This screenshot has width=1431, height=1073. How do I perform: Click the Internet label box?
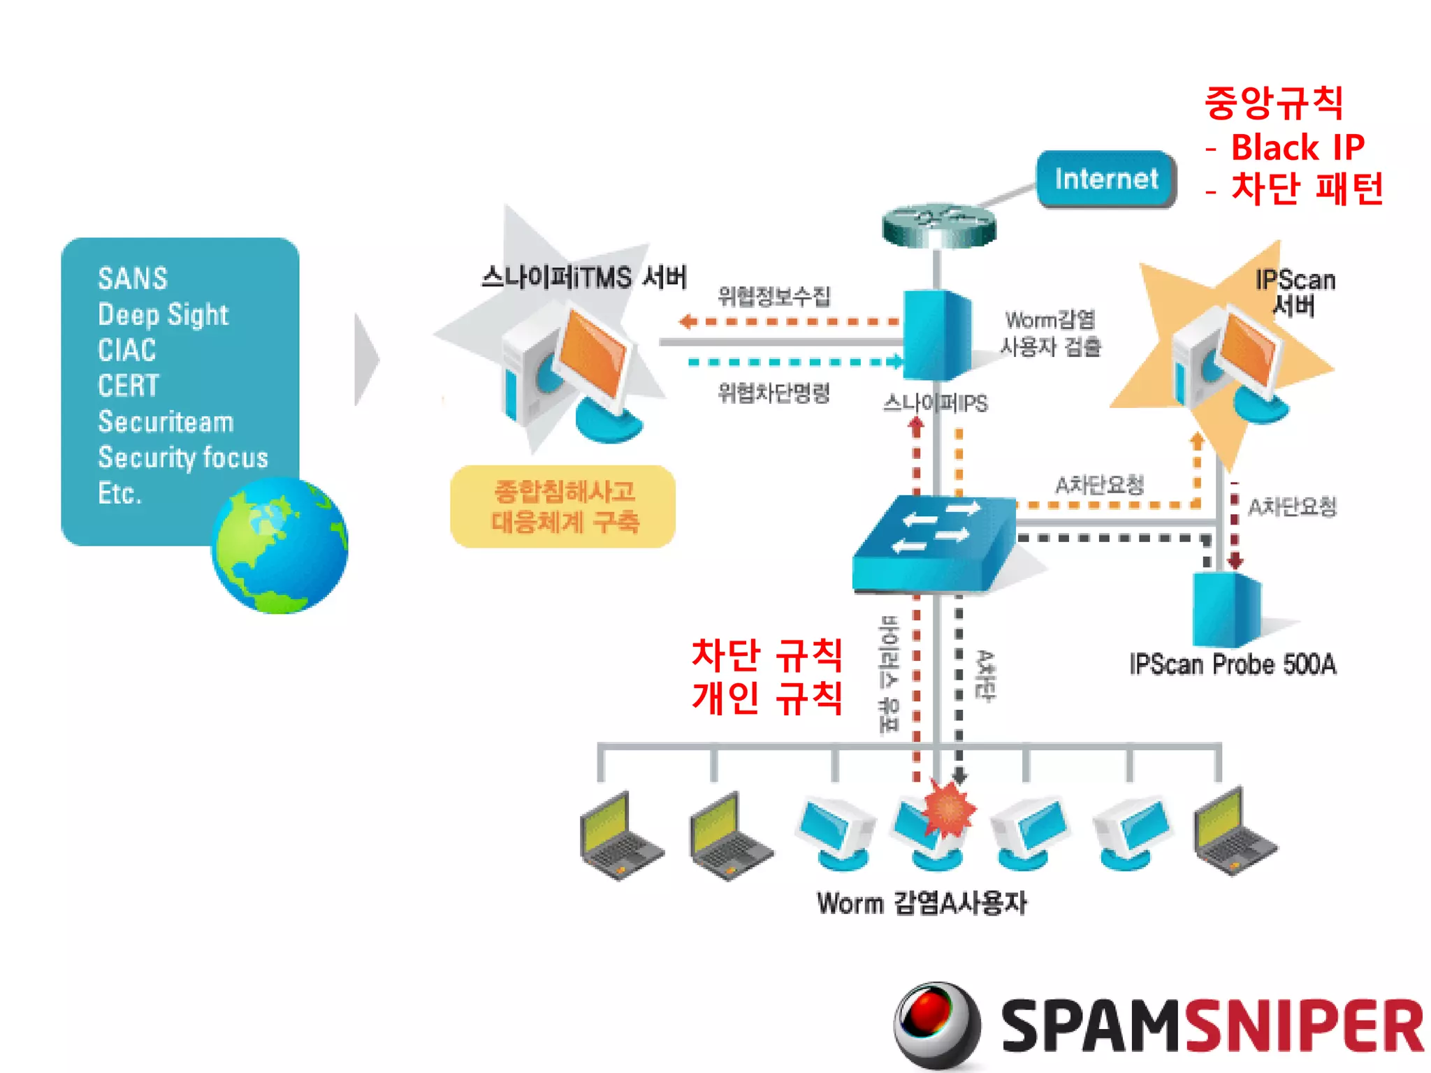click(x=1106, y=180)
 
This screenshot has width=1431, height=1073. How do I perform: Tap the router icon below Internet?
click(x=938, y=226)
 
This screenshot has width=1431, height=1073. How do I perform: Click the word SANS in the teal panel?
click(x=133, y=279)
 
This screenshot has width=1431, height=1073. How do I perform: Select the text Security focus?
click(x=183, y=458)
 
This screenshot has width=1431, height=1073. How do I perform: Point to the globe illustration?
click(x=279, y=546)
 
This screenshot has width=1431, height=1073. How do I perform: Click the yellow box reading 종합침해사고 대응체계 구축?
click(x=563, y=506)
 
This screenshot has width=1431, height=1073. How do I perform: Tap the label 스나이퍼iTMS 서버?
click(x=584, y=277)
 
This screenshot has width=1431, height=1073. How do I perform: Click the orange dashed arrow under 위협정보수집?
click(x=790, y=322)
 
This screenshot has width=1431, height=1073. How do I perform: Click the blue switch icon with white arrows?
click(x=935, y=541)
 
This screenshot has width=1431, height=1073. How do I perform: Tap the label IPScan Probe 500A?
click(x=1233, y=664)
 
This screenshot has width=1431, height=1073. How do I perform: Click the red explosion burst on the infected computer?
click(x=948, y=809)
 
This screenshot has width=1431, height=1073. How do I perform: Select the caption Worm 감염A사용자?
click(x=922, y=903)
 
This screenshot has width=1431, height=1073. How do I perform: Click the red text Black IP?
click(x=1297, y=148)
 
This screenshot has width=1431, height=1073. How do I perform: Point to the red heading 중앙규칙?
click(x=1274, y=103)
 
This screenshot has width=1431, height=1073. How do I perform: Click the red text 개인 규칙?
click(x=767, y=697)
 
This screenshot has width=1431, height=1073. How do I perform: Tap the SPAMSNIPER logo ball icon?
click(x=936, y=1023)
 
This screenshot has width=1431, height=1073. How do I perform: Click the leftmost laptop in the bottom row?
click(x=619, y=835)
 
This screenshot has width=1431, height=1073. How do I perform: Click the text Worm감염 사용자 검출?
click(x=1050, y=333)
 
